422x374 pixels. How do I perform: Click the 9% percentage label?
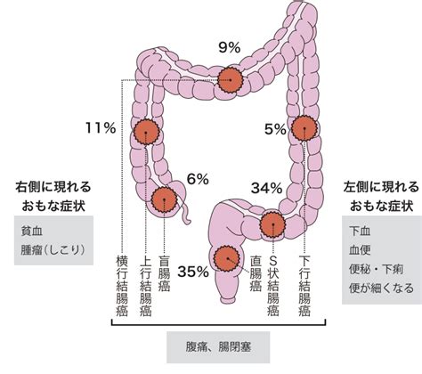point(230,47)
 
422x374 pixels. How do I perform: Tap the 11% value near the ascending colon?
point(101,128)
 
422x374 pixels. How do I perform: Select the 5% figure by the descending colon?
point(275,129)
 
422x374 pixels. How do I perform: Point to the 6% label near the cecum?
point(198,179)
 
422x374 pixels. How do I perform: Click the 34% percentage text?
point(266,188)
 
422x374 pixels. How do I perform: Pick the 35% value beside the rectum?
point(193,272)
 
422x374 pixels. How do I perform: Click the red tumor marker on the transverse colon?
point(231,80)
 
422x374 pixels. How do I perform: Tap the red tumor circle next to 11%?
point(146,132)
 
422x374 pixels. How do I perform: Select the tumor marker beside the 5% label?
point(304,128)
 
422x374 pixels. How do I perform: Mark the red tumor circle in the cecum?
point(164,199)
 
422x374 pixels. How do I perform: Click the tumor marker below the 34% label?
point(272,224)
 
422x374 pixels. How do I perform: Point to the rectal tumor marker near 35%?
point(227,259)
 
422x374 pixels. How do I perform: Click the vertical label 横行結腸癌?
point(122,285)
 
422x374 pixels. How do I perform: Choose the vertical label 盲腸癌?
point(164,273)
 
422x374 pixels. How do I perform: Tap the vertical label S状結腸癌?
point(272,285)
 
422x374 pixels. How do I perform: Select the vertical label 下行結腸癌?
point(304,285)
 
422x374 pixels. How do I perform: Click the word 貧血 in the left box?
point(32,231)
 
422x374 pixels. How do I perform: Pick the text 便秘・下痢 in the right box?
point(376,269)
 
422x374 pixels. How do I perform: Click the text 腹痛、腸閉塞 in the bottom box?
point(218,346)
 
